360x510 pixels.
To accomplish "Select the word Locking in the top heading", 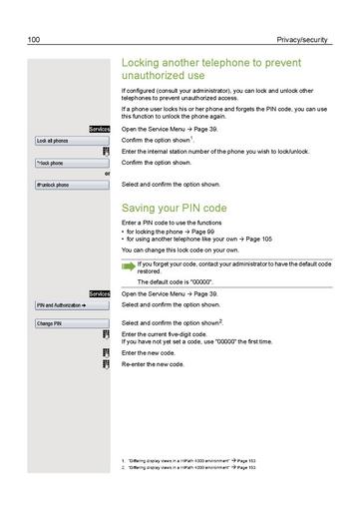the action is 144,62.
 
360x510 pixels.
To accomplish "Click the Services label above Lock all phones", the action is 99,130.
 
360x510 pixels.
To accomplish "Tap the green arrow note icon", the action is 128,265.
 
